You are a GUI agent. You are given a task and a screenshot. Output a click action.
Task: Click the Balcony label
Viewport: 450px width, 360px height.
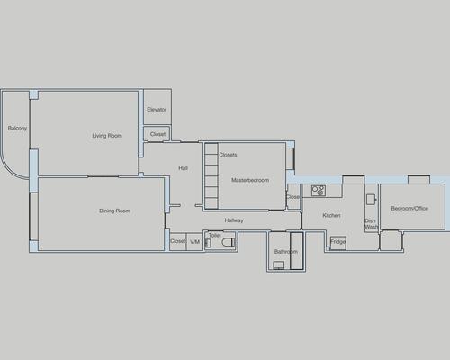coord(17,129)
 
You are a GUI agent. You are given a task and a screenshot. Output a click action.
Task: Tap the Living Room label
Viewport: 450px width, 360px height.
coord(107,136)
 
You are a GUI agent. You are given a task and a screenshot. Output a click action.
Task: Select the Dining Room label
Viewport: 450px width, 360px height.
coord(114,211)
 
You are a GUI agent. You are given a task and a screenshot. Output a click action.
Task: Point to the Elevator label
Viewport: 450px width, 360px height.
coord(157,110)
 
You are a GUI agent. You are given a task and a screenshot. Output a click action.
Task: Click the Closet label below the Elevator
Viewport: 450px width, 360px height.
coord(157,134)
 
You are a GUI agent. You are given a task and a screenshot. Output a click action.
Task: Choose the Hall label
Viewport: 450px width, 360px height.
coord(183,168)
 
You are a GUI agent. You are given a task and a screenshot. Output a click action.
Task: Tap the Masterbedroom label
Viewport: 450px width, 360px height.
coord(250,180)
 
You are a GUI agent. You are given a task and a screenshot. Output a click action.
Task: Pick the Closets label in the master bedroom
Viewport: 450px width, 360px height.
coord(228,155)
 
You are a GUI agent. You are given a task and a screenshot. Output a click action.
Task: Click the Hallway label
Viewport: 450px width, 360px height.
coord(234,220)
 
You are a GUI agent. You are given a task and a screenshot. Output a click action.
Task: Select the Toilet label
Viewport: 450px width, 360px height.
coord(215,236)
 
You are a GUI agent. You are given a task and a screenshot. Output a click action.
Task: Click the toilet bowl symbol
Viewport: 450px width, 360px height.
coord(228,242)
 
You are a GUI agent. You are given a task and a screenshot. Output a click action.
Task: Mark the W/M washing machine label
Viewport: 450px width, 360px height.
coord(195,242)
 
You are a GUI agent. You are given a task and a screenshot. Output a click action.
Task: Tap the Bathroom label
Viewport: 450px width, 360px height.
coord(286,252)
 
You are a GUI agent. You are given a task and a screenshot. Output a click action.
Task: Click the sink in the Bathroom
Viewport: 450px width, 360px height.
coord(279,265)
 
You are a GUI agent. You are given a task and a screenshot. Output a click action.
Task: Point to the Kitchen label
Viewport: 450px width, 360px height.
coord(331,215)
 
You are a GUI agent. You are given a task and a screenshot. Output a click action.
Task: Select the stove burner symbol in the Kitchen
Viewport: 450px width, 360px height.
coord(319,191)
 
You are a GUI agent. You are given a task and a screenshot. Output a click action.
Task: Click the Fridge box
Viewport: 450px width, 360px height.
coord(338,243)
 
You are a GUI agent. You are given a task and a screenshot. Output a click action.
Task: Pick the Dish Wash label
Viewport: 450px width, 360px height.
coord(371,224)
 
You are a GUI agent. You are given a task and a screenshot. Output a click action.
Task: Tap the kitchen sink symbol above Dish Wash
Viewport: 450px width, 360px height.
coord(371,200)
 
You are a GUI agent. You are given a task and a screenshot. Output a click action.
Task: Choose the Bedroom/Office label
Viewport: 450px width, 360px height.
coord(409,208)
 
